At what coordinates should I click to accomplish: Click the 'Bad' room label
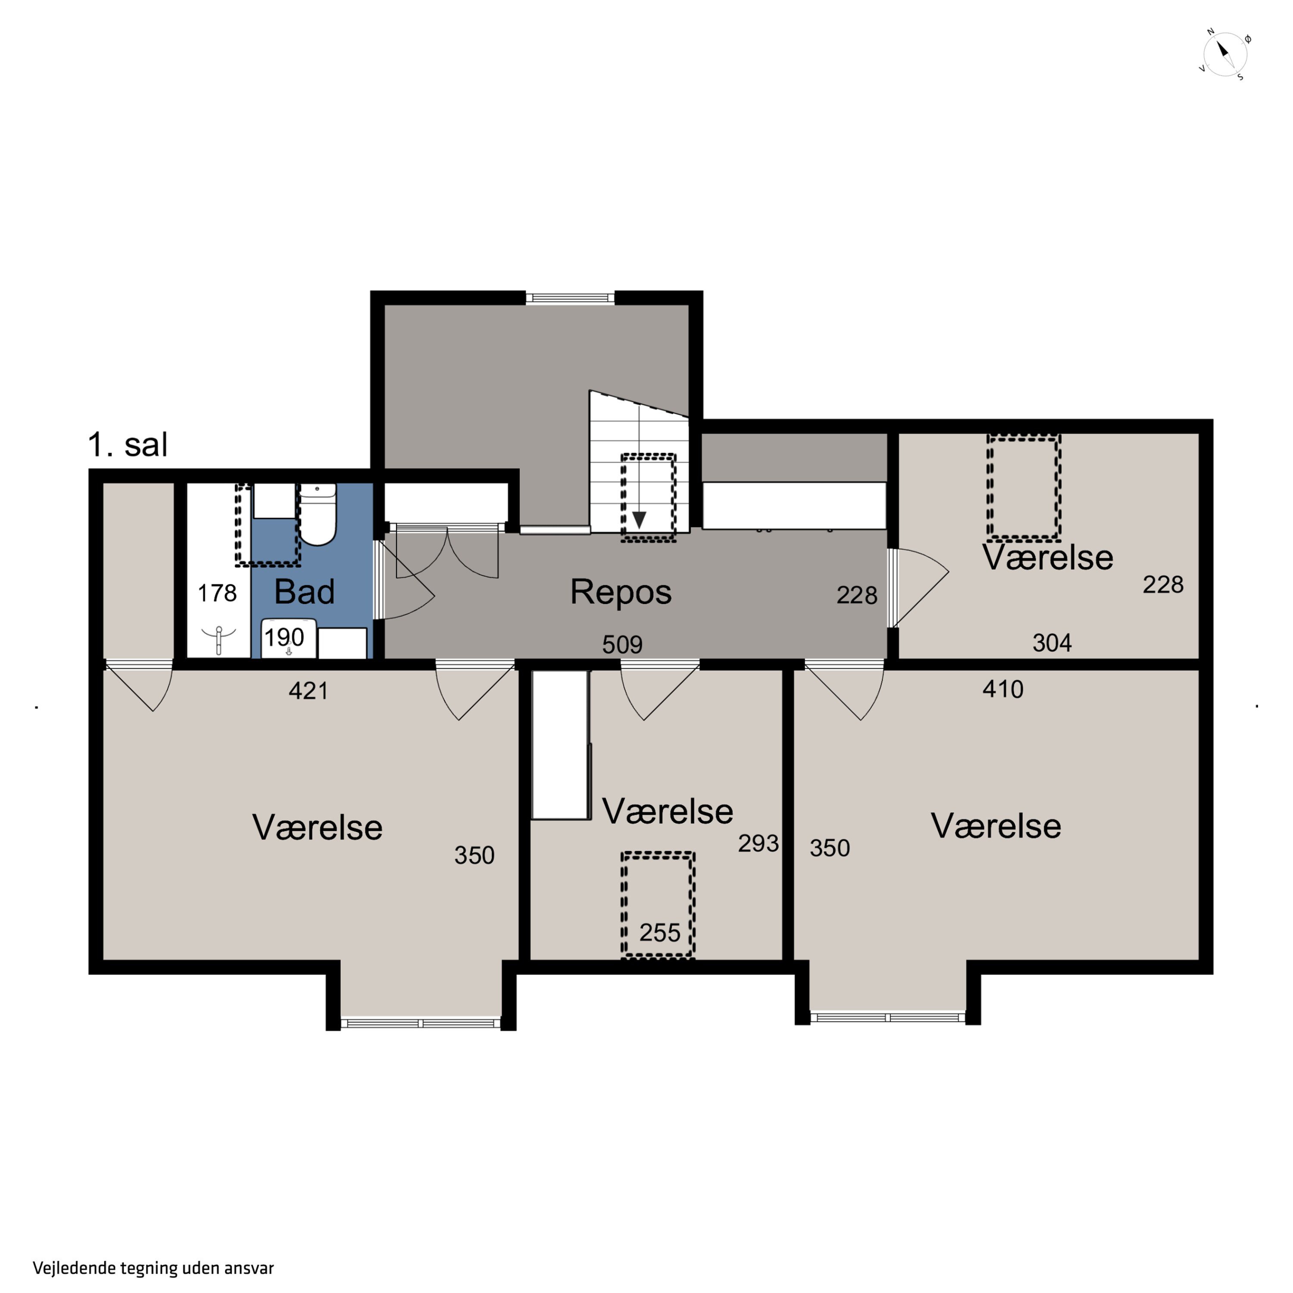[305, 592]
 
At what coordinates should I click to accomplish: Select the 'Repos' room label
[620, 592]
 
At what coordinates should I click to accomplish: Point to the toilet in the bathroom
[316, 514]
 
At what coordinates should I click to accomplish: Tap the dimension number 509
[622, 644]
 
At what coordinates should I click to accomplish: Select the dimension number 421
[309, 690]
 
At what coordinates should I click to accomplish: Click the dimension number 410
[1003, 689]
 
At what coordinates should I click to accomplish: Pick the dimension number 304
[1052, 643]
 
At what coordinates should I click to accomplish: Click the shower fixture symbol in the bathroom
[219, 640]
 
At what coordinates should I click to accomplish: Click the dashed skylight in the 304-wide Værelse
[1023, 487]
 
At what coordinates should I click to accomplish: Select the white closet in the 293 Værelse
[561, 745]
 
